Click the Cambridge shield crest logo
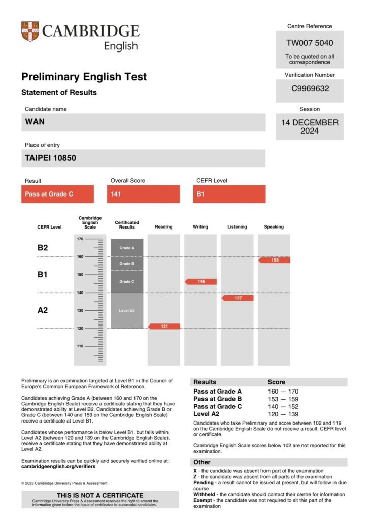[x=30, y=31]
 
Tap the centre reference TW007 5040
[x=310, y=43]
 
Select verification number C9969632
[x=310, y=89]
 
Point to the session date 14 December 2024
[x=310, y=126]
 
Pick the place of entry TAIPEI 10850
[x=50, y=158]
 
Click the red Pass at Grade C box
[x=57, y=194]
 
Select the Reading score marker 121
[x=164, y=326]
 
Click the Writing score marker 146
[x=201, y=281]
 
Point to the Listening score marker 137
[x=238, y=298]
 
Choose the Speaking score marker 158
[x=275, y=260]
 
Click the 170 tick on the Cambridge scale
[x=80, y=239]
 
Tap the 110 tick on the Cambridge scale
[x=80, y=346]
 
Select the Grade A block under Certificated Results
[x=127, y=248]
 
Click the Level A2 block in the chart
[x=127, y=310]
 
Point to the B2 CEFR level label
[x=43, y=248]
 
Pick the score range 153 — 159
[x=283, y=399]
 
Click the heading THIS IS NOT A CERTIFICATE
[x=100, y=495]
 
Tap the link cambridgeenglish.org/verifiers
[x=58, y=466]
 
